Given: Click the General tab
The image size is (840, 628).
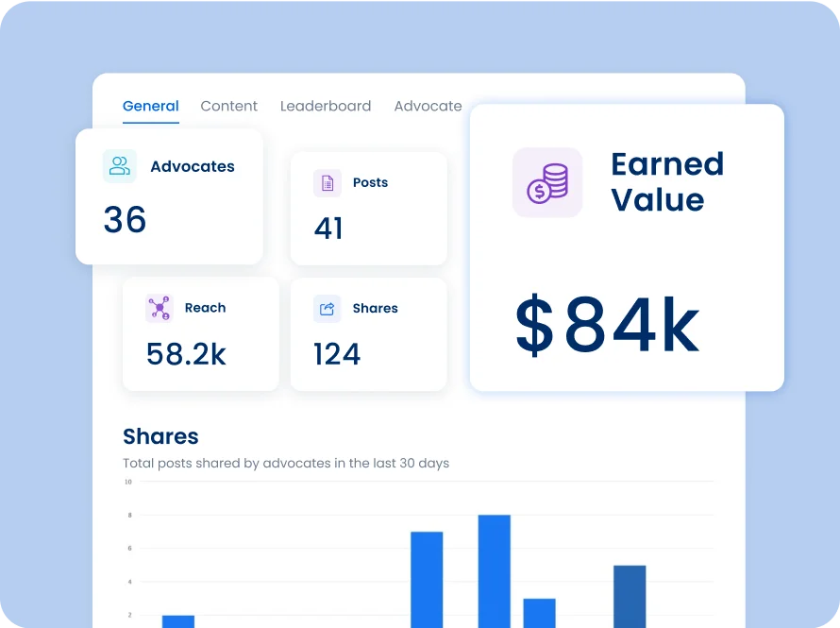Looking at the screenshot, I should (x=150, y=106).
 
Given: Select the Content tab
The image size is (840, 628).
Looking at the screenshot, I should (x=228, y=106).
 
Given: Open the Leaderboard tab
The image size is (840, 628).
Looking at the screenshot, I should (x=326, y=106).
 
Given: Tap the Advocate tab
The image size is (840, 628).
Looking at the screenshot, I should (x=428, y=106).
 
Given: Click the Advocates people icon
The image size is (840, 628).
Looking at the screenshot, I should (x=120, y=166).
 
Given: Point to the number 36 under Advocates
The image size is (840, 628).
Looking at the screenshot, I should (x=125, y=220).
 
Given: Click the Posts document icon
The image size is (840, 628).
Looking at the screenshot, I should (x=328, y=183).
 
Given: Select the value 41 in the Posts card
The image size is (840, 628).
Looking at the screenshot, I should (x=328, y=229).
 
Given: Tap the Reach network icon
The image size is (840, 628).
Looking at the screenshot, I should (x=160, y=308).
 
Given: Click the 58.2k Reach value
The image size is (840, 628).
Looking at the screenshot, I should (x=186, y=354).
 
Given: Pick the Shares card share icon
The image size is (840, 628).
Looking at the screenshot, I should (x=328, y=309).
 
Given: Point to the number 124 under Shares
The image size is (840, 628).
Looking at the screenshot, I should (x=337, y=354).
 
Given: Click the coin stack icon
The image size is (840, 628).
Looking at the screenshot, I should (x=547, y=182).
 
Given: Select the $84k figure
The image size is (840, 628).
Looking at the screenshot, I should (x=607, y=327).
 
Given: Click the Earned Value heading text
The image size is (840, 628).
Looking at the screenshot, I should (x=666, y=182).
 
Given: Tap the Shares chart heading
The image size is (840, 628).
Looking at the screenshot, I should (x=160, y=436).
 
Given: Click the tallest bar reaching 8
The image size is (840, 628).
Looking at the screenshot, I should (x=495, y=570).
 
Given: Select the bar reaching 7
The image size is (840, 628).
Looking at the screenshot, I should (x=427, y=579).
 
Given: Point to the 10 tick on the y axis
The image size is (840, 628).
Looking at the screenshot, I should (x=127, y=482).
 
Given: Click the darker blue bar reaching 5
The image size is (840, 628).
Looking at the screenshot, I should (x=630, y=596).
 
